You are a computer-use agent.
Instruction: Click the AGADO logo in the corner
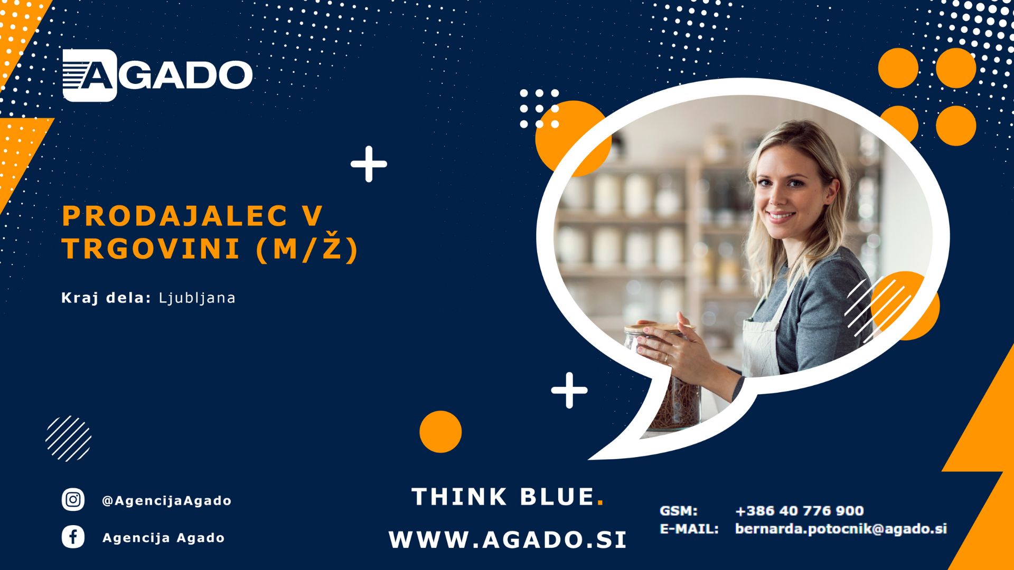[x=157, y=75]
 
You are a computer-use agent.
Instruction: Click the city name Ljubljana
[x=197, y=298]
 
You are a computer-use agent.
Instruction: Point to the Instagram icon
[x=73, y=499]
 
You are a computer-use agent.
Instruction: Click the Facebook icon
[x=73, y=537]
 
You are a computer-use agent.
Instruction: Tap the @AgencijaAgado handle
[x=166, y=500]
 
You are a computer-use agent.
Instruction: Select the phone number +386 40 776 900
[x=800, y=510]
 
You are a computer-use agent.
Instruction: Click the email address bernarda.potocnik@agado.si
[x=841, y=528]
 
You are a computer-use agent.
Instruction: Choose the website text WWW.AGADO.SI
[x=508, y=539]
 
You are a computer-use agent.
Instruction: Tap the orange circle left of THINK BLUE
[x=440, y=432]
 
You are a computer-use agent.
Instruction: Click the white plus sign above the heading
[x=369, y=164]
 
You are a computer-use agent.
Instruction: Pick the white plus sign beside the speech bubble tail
[x=569, y=391]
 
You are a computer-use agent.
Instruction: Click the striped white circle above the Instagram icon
[x=69, y=439]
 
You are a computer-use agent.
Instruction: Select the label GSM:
[x=679, y=511]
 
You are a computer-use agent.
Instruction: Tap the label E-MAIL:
[x=689, y=528]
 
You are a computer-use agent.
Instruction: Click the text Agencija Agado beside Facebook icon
[x=164, y=538]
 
